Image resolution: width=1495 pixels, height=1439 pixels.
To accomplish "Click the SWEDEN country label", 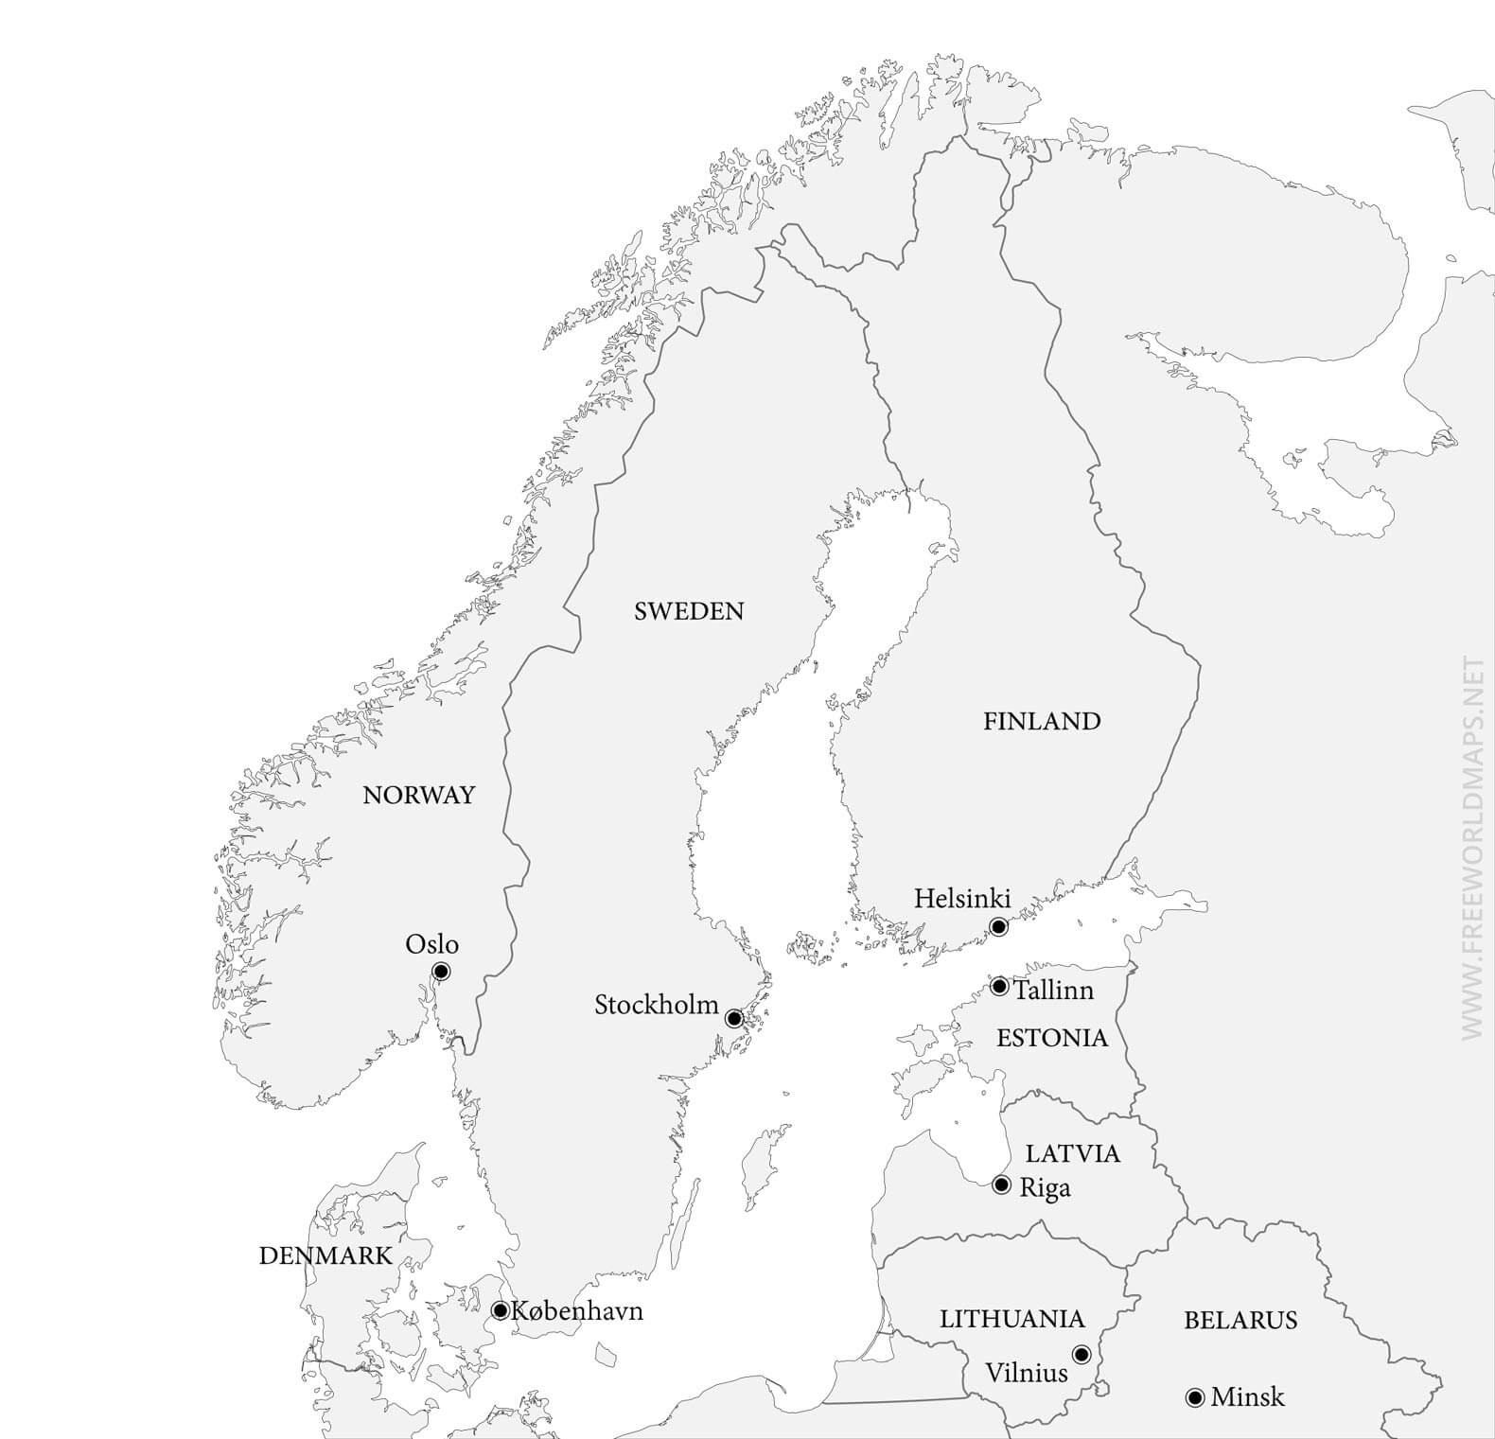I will (689, 611).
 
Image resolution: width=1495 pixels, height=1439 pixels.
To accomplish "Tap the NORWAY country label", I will (418, 795).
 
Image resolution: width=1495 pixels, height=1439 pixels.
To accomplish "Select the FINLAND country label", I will (1042, 721).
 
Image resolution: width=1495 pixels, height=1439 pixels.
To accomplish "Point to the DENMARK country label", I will (325, 1255).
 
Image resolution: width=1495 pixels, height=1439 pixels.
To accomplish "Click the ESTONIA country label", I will (1052, 1038).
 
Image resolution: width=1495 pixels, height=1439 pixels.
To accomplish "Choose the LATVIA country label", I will (1073, 1153).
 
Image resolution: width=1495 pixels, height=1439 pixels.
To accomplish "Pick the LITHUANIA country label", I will (1011, 1319).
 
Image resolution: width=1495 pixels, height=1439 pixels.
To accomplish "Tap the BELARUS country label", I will (1240, 1320).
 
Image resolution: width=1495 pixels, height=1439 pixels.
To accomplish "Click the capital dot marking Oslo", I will (441, 972).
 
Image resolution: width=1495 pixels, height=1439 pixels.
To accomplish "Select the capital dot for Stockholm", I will (734, 1019).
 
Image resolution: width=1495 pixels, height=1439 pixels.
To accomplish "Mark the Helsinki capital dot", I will (998, 926).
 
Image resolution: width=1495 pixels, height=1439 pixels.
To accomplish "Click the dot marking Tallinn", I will (999, 987).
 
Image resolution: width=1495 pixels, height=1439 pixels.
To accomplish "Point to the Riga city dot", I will (1002, 1185).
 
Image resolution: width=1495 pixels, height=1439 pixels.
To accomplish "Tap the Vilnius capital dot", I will (1082, 1355).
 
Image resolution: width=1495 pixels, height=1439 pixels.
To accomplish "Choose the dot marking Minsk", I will (1195, 1397).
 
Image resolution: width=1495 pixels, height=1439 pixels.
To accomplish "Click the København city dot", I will (501, 1310).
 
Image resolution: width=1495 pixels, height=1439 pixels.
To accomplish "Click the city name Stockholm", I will (657, 1005).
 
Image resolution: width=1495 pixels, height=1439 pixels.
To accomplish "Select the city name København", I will (577, 1311).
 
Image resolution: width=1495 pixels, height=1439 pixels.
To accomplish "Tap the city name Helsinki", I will (962, 898).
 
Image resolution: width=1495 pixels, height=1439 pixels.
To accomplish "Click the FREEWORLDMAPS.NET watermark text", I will (1472, 848).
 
